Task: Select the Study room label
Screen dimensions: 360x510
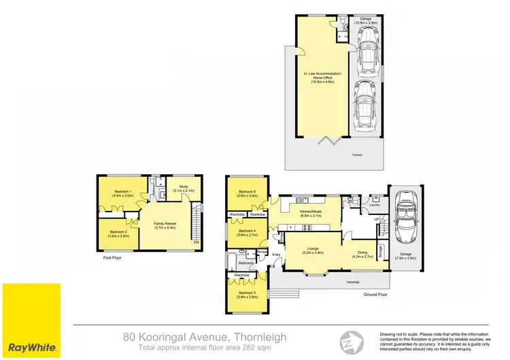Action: click(184, 189)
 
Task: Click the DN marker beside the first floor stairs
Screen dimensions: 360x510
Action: click(197, 242)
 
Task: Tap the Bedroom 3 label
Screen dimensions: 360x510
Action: click(246, 295)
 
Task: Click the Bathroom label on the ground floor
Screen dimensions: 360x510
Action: click(246, 262)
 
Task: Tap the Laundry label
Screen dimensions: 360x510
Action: click(374, 204)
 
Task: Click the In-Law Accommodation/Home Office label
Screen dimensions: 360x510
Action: click(320, 76)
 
